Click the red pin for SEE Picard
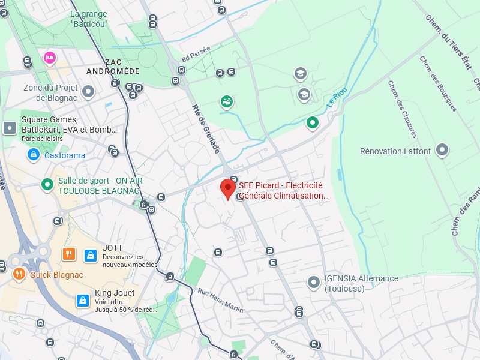point(227,188)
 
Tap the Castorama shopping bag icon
point(34,155)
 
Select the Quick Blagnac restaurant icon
point(19,275)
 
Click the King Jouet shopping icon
point(82,300)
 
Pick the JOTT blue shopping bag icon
point(90,255)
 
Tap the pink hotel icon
point(49,58)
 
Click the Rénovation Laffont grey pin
point(442,150)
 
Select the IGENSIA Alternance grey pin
point(313,281)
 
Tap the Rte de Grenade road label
point(206,128)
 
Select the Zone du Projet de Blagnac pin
point(89,92)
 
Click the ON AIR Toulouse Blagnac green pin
point(47,185)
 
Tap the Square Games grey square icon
point(10,127)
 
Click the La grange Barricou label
point(89,19)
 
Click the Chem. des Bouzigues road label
point(437,83)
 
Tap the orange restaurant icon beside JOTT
point(69,254)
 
